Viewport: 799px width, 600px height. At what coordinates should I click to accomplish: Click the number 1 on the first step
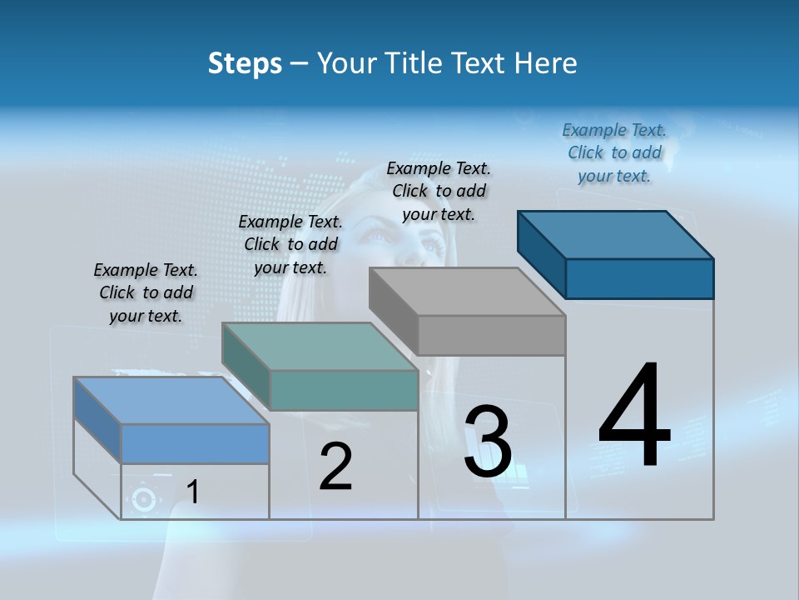(193, 492)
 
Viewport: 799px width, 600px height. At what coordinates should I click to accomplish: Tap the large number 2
(336, 466)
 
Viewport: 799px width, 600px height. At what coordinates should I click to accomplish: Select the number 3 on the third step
(488, 442)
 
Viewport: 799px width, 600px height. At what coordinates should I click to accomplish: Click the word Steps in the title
(245, 63)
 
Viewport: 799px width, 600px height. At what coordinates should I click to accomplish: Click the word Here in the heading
(546, 63)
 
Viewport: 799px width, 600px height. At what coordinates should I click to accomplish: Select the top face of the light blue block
(171, 401)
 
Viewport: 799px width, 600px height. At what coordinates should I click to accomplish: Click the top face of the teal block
(319, 347)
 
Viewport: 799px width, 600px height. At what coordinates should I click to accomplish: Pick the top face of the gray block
(467, 292)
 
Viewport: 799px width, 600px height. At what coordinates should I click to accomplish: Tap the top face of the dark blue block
(615, 235)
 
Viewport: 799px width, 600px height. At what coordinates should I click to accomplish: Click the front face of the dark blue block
(639, 278)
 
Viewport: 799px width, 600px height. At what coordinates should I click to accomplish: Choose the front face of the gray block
(491, 335)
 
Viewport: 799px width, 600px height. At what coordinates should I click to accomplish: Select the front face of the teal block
(344, 390)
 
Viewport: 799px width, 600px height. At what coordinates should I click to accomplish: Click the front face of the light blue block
(195, 443)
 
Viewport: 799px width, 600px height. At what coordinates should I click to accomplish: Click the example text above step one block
(146, 292)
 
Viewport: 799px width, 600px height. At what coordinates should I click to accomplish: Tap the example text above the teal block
(290, 244)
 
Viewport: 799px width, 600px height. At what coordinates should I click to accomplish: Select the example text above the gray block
(439, 191)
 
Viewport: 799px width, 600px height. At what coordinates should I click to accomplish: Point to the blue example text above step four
(614, 152)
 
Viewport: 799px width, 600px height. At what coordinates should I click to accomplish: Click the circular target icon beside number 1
(144, 500)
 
